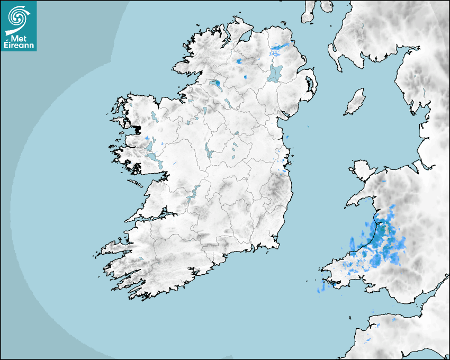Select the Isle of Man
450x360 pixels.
click(x=355, y=102)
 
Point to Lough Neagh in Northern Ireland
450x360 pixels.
click(x=275, y=73)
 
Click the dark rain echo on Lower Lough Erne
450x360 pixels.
click(x=217, y=83)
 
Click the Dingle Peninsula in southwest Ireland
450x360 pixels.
click(x=114, y=247)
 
